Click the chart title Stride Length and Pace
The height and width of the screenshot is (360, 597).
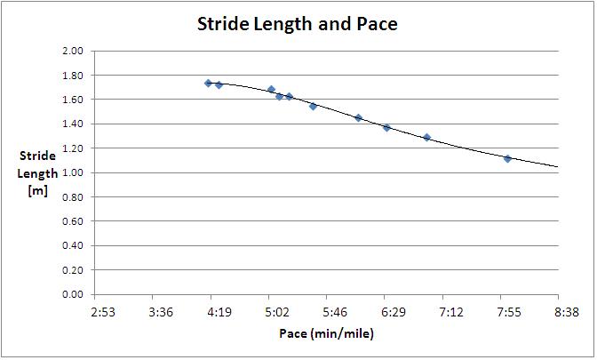click(x=297, y=25)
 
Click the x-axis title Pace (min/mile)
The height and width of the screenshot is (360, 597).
click(x=326, y=333)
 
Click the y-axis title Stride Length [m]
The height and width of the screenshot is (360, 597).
click(x=37, y=172)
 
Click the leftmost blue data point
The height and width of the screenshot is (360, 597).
click(x=208, y=84)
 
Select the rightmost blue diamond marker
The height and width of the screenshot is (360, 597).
click(x=507, y=158)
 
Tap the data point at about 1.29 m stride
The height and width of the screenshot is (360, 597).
click(x=426, y=138)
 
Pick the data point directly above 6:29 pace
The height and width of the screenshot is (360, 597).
click(x=386, y=128)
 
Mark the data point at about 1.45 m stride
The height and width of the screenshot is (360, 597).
click(x=358, y=117)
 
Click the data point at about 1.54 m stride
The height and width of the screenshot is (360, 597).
click(x=313, y=106)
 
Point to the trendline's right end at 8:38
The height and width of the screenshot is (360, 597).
click(x=557, y=166)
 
